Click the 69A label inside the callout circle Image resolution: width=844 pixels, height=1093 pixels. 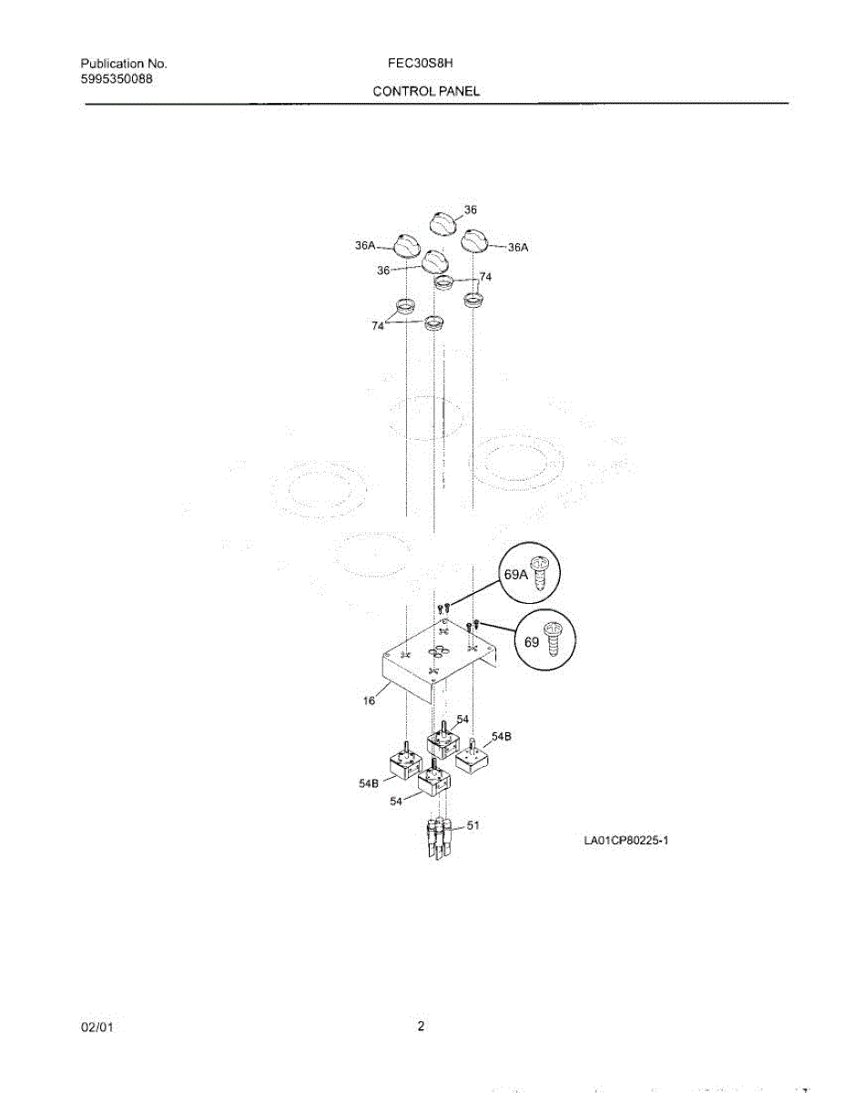[515, 575]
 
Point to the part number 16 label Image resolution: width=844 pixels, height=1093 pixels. [369, 700]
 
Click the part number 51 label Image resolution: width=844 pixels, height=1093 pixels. [473, 825]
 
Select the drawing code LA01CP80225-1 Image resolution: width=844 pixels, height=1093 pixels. [626, 840]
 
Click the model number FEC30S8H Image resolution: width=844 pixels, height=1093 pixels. [420, 64]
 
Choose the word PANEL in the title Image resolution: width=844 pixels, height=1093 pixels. [461, 92]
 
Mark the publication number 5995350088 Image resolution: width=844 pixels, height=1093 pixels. [117, 79]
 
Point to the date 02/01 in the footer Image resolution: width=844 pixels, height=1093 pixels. [97, 1027]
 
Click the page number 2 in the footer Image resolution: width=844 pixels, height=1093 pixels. [421, 1027]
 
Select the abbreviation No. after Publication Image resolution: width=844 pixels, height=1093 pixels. [157, 64]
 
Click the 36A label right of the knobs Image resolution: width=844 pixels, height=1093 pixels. [518, 247]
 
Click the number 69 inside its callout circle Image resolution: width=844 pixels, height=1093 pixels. [533, 641]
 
